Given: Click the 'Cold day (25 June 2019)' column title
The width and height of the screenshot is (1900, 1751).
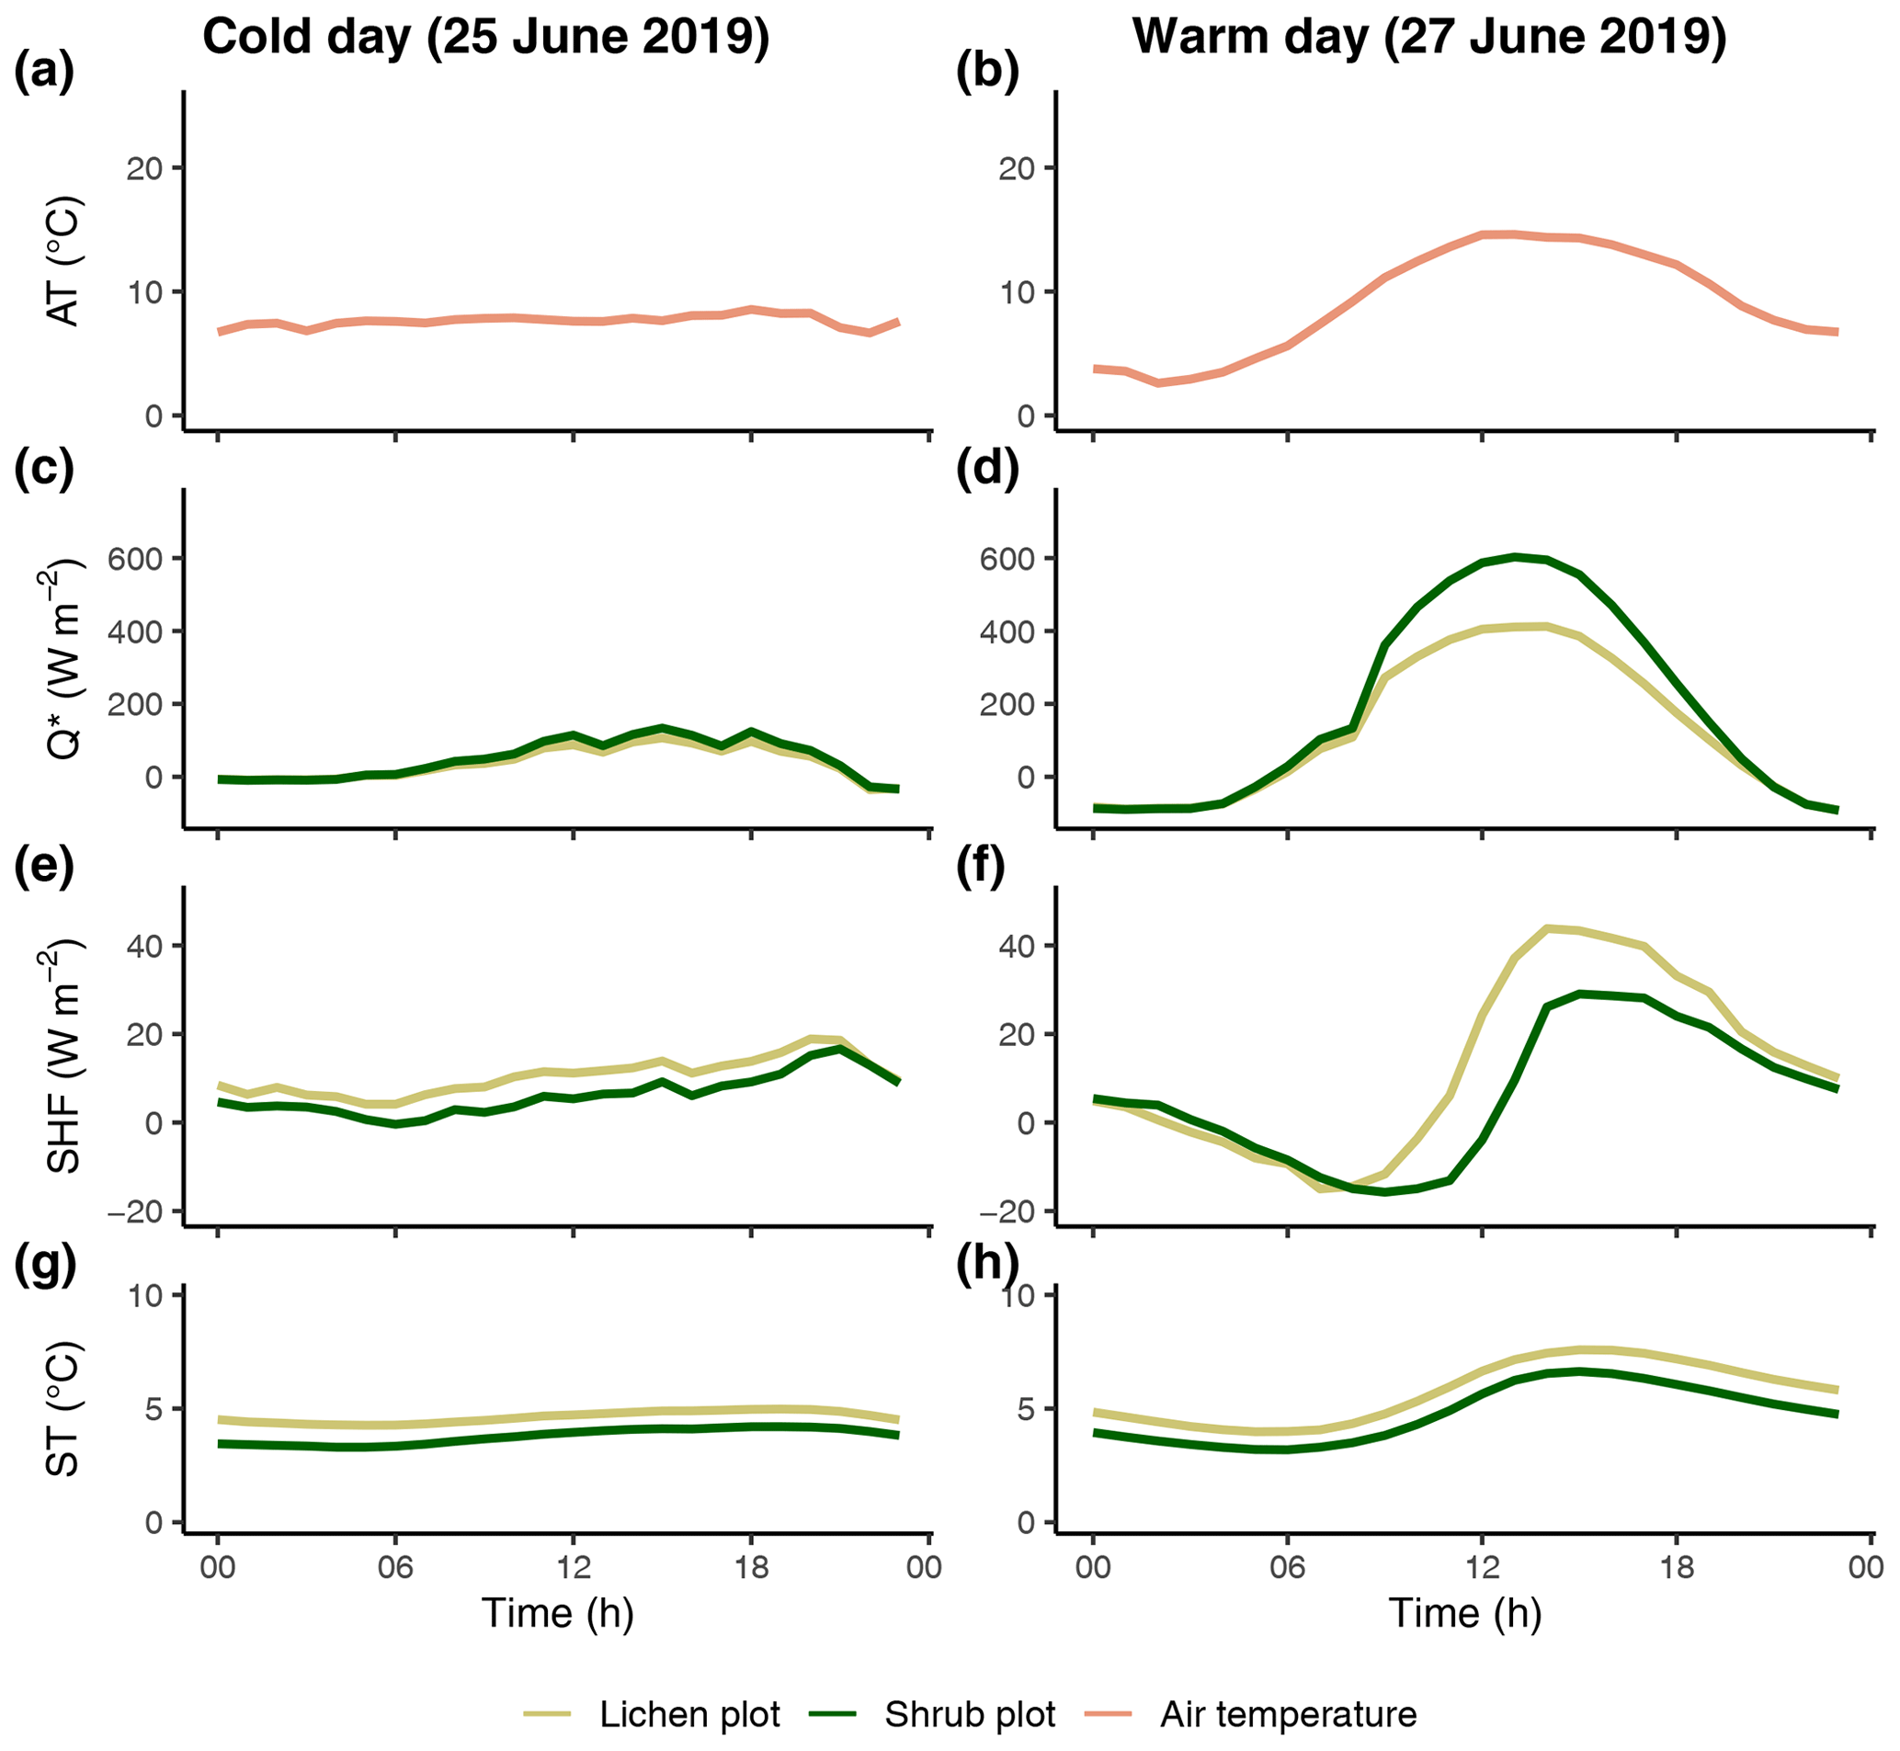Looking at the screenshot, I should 485,38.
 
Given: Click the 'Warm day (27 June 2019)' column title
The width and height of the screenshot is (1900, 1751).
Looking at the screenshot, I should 1429,38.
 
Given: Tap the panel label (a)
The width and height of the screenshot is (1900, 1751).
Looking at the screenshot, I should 43,73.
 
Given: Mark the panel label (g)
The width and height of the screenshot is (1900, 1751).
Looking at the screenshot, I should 43,1266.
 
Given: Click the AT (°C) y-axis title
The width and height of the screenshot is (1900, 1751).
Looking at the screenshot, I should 64,263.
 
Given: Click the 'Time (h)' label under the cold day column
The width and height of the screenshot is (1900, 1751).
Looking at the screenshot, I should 557,1612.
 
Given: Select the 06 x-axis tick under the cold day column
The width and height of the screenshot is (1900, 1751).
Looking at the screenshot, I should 395,1566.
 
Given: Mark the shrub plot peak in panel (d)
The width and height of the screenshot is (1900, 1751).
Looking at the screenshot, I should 1516,556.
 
